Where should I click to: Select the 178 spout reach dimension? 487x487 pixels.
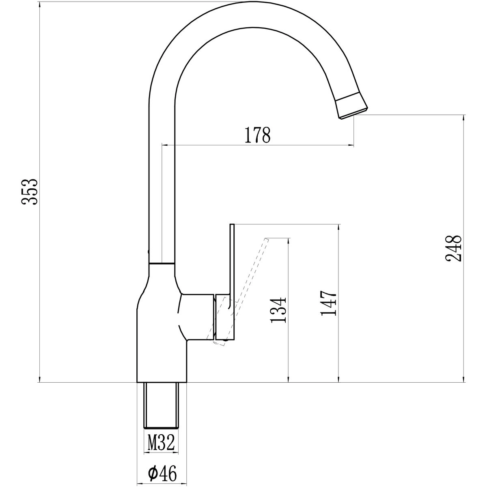[x=258, y=135]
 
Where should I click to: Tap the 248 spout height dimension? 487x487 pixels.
[x=453, y=249]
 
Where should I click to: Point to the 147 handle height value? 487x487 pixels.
[x=328, y=303]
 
